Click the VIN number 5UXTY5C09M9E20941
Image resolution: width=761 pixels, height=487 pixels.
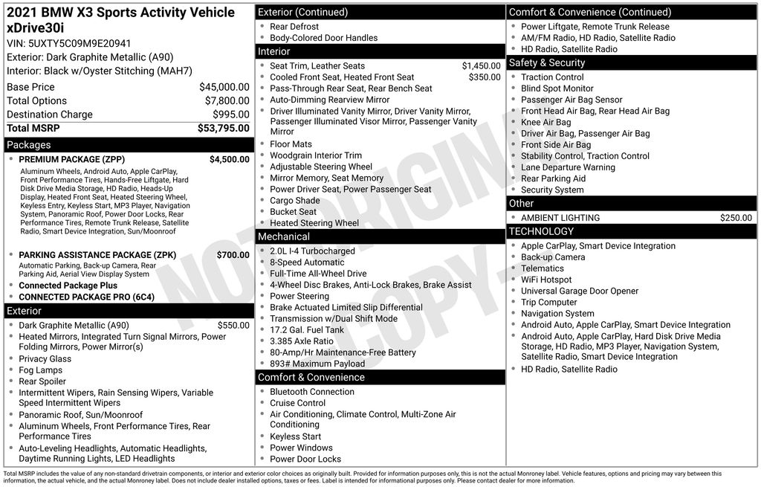pos(68,43)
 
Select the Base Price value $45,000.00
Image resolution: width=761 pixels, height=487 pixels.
pos(224,87)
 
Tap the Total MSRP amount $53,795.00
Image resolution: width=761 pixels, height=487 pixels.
pos(223,128)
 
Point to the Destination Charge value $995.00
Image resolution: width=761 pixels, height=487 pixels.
pos(231,115)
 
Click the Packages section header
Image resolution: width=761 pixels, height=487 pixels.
pos(29,145)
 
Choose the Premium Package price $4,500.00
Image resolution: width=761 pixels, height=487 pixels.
pos(229,159)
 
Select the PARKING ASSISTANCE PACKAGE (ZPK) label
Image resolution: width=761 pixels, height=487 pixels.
pos(97,255)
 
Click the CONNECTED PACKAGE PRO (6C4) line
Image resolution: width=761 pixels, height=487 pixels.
pos(86,297)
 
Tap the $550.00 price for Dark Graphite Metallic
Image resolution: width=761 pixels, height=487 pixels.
pos(233,325)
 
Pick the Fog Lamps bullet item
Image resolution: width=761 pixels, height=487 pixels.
pos(41,370)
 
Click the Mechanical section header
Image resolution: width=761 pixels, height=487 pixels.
pos(284,236)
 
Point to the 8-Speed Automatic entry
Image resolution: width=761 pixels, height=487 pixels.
pos(307,262)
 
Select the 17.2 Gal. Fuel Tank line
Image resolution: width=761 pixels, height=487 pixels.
pos(307,330)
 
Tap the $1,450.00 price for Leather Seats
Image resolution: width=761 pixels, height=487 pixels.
pos(481,66)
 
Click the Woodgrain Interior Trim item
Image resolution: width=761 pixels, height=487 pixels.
pos(316,155)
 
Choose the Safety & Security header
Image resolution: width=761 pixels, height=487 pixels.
pos(547,63)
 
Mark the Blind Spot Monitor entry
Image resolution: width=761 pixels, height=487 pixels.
pos(557,88)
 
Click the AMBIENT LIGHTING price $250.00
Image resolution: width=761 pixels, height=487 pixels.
pos(736,218)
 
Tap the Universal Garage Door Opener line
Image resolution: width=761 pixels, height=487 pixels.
pos(580,291)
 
